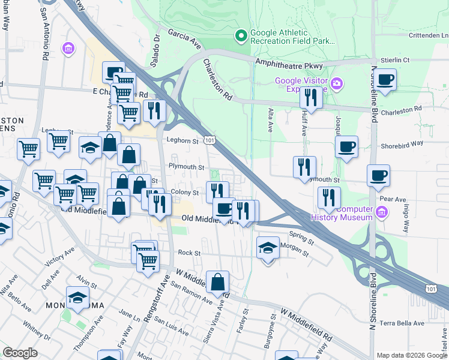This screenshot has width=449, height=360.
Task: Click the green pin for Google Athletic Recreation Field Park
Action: click(241, 36)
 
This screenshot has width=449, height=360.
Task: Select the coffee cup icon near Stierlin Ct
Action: click(385, 79)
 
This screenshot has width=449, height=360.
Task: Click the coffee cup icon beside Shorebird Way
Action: click(346, 147)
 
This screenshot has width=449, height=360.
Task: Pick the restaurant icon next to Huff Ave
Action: click(311, 96)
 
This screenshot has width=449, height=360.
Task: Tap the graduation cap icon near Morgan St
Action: click(268, 247)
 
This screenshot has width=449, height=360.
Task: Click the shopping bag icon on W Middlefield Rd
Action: click(217, 281)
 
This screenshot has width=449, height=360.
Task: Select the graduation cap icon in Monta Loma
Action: click(77, 298)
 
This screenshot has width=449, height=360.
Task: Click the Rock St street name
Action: click(188, 253)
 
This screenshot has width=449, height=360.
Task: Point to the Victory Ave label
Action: click(59, 258)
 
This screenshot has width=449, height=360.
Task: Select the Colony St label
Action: click(184, 193)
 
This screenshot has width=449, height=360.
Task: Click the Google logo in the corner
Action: click(20, 353)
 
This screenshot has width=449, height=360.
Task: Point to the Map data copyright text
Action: click(411, 355)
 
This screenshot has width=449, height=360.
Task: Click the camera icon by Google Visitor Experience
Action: click(337, 83)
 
